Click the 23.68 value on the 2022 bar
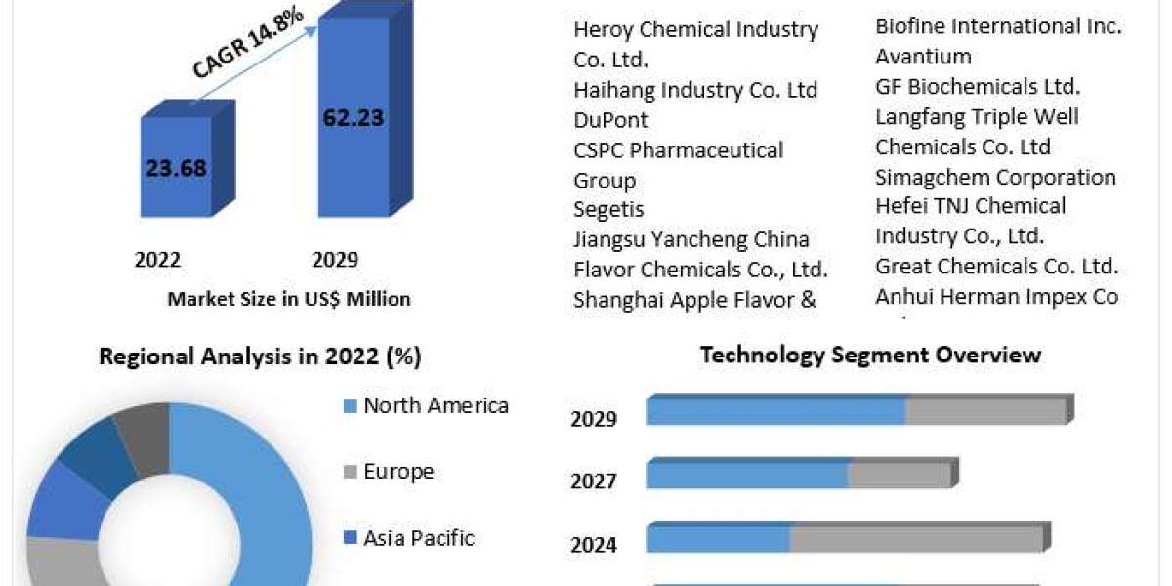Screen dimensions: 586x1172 click(176, 167)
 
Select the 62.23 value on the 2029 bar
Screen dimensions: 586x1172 click(353, 118)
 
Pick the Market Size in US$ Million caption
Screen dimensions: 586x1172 click(289, 299)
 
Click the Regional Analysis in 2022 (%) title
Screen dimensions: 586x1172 click(260, 357)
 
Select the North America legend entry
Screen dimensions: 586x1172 click(436, 405)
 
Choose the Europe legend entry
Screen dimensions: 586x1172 click(398, 472)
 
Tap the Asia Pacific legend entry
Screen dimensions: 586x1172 click(419, 537)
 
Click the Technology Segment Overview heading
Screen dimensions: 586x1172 click(870, 355)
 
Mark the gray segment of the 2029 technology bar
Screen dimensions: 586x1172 click(984, 411)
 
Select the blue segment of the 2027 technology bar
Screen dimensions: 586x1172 click(747, 476)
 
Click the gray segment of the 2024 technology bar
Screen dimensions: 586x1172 click(916, 538)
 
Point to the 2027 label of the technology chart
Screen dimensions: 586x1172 click(594, 481)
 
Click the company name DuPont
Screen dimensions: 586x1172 click(610, 120)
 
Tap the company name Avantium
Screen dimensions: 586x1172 click(923, 56)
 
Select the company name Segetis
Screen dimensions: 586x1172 click(608, 209)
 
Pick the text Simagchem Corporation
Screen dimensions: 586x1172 click(995, 177)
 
